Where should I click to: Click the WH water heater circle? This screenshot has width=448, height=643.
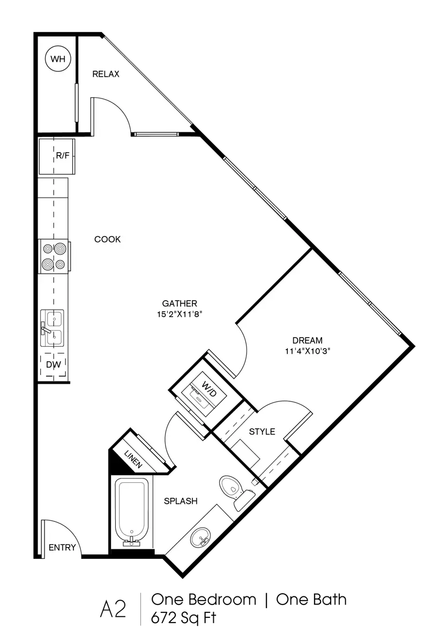[x=57, y=59]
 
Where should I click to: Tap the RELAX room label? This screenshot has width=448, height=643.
[x=106, y=74]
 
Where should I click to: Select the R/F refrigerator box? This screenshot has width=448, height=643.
[x=56, y=156]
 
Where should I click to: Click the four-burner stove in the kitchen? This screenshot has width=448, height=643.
[x=55, y=256]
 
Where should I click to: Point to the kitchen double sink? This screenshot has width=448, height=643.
[x=53, y=330]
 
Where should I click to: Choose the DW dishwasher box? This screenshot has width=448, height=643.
[x=54, y=365]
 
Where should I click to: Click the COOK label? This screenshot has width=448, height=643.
[x=108, y=240]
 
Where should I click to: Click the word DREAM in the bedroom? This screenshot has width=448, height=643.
[x=308, y=340]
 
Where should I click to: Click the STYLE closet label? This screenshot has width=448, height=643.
[x=263, y=431]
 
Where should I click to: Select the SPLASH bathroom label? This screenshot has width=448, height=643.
[x=181, y=502]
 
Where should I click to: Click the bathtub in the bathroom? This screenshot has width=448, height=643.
[x=131, y=511]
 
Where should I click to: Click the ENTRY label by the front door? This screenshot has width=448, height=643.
[x=62, y=548]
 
